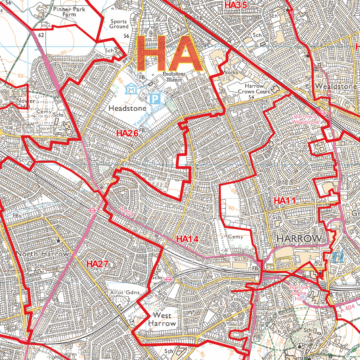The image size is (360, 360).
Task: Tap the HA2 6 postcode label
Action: (127, 133)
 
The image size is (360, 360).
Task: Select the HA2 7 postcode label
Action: (97, 264)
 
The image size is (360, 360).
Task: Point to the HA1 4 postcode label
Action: (187, 239)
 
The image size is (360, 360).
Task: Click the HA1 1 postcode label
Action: (285, 201)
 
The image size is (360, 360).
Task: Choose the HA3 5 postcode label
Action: (236, 5)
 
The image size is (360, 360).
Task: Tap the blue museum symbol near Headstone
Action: (131, 89)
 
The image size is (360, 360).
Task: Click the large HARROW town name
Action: (299, 238)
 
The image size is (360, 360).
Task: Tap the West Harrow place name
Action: (162, 319)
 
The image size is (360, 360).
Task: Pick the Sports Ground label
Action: (119, 24)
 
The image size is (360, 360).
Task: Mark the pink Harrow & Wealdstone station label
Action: (305, 119)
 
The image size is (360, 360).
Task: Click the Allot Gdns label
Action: (124, 292)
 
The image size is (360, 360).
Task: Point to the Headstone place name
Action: (127, 109)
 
